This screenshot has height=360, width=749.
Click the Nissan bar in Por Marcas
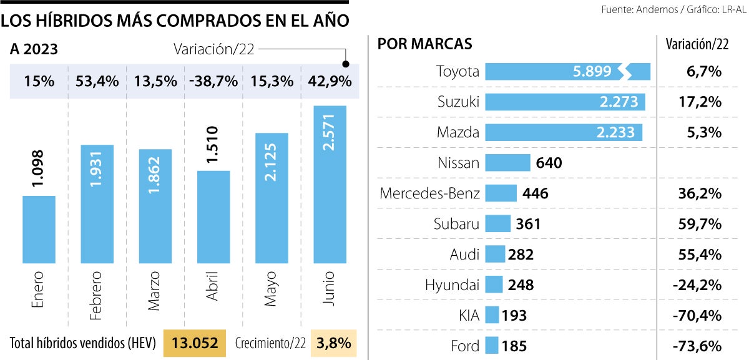[x=507, y=163]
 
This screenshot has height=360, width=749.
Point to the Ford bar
[x=491, y=345]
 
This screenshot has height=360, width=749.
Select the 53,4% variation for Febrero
[x=97, y=82]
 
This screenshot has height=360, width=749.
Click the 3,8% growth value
[x=334, y=343]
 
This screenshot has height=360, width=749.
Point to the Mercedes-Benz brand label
[x=429, y=193]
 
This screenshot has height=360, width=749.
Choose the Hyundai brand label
[x=452, y=285]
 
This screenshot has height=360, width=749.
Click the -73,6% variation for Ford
[x=699, y=345]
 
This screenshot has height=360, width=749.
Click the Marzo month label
[x=154, y=289]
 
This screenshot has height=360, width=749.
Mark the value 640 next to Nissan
[x=549, y=163]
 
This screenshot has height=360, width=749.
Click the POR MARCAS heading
[x=424, y=44]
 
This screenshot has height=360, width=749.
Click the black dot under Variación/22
[x=346, y=64]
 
